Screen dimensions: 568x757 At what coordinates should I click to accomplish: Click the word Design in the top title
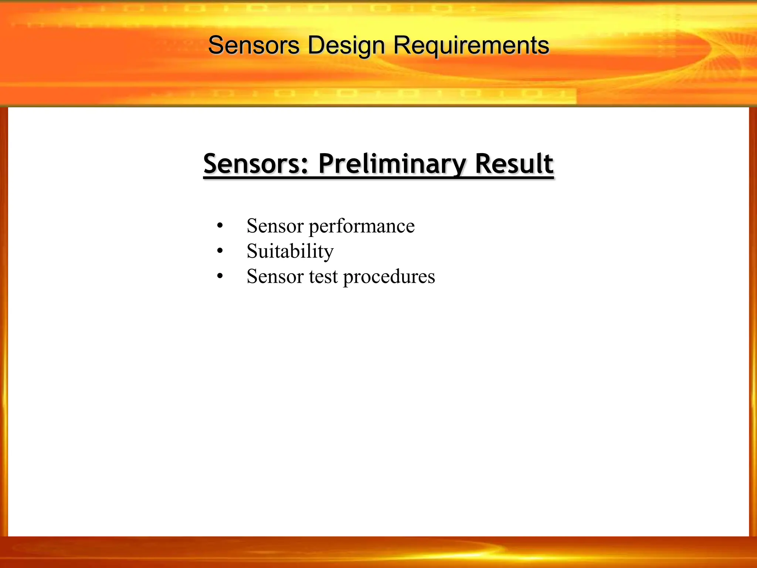click(346, 46)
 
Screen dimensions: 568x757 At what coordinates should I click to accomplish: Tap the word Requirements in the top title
click(471, 46)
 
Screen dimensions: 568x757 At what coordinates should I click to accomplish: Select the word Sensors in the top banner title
click(254, 46)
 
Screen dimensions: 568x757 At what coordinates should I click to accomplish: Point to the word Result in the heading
click(514, 164)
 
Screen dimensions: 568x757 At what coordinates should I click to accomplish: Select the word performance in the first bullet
click(361, 226)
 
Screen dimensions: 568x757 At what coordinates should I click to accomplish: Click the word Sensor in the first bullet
click(275, 226)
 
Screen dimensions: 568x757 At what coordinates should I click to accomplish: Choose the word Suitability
click(290, 251)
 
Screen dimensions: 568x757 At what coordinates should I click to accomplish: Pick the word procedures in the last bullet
click(389, 277)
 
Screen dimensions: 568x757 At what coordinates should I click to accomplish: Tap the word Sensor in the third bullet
click(275, 277)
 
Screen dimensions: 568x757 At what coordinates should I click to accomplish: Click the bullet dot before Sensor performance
click(220, 226)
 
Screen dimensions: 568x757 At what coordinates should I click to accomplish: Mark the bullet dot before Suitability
click(220, 251)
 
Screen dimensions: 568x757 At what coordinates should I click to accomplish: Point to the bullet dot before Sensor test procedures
click(220, 276)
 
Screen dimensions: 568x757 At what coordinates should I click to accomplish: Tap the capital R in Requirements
click(401, 45)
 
